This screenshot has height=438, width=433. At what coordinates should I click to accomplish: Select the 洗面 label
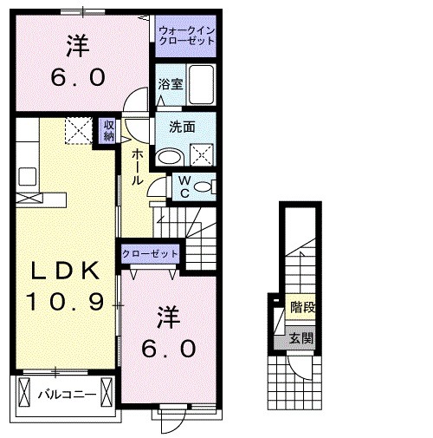182,127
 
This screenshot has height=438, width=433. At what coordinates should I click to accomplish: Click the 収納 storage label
109,130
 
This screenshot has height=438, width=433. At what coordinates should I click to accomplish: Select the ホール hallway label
137,167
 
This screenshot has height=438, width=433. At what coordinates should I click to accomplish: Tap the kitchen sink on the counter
27,173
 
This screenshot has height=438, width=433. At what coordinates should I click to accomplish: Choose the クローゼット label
150,254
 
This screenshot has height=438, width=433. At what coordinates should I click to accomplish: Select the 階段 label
302,306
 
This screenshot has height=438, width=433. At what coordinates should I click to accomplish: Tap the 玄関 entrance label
301,338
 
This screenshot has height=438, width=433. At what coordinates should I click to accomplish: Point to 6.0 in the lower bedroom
170,349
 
